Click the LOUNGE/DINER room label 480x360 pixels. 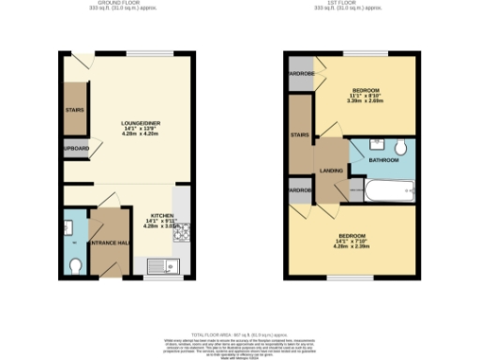click(142, 123)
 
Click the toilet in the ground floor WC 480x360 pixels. click(75, 265)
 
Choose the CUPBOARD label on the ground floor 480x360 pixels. click(76, 149)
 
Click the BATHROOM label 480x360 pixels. click(382, 160)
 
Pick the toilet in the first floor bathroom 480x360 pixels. click(400, 147)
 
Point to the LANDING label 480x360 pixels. click(331, 169)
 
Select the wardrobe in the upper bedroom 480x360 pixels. click(301, 74)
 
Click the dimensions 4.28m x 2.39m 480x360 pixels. click(352, 246)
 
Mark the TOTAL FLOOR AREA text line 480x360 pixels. click(238, 334)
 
